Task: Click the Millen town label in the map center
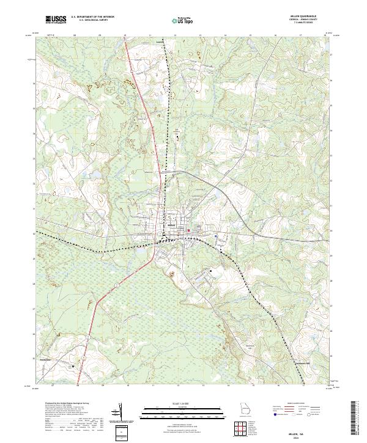coord(172,229)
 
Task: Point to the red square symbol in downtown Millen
coord(188,230)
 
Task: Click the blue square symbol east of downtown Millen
coord(216,235)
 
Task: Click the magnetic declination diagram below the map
coord(121,414)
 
